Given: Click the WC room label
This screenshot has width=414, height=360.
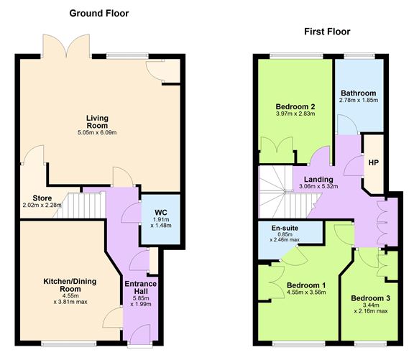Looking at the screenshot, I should pos(160,213).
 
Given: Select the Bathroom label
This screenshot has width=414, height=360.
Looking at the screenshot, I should pos(358,93).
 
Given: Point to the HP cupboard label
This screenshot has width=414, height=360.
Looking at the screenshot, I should pos(373,162).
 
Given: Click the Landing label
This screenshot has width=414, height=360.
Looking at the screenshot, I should pos(317,179).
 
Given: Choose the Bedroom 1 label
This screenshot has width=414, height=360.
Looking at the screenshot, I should pos(305,285).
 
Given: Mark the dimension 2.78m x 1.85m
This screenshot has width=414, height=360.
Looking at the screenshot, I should pos(358,101).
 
